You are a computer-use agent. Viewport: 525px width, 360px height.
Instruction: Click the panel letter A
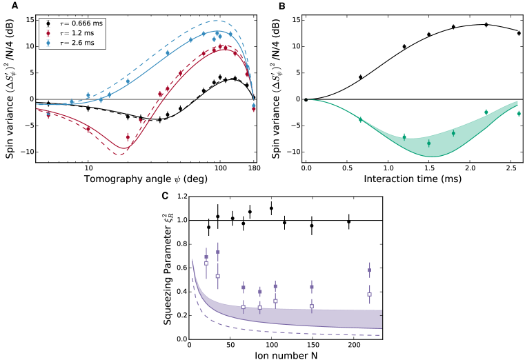[6, 6]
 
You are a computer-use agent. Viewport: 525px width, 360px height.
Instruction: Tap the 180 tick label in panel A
[254, 168]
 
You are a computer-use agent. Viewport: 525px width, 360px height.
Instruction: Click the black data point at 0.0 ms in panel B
[306, 99]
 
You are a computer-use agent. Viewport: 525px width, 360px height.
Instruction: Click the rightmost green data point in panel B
[518, 113]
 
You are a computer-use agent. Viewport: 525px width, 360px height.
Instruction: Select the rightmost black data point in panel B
[518, 33]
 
